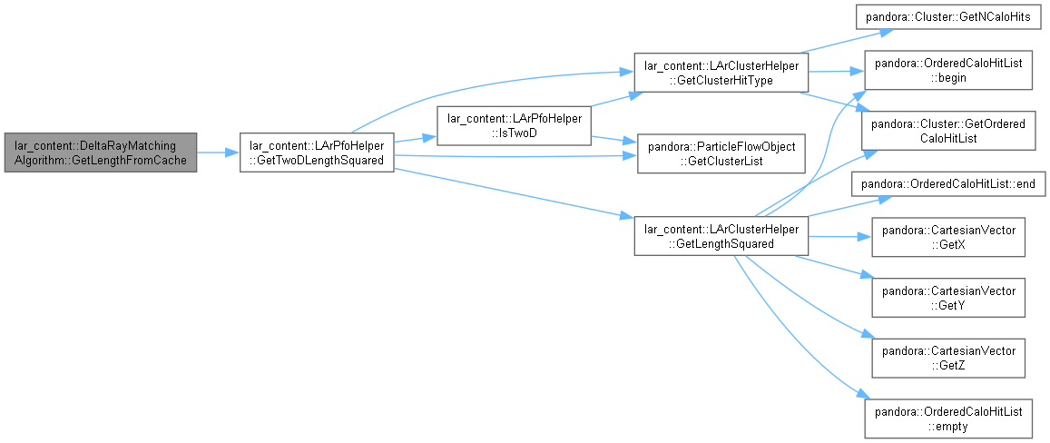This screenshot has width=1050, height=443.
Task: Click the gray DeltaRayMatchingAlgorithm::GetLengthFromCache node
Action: [x=101, y=153]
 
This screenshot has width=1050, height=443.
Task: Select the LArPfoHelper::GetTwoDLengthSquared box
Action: [x=317, y=153]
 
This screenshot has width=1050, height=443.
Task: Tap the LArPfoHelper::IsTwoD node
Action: [x=514, y=125]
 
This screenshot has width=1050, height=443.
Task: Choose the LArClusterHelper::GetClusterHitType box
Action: [x=721, y=72]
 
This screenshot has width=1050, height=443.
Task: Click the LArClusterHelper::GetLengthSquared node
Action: [x=721, y=235]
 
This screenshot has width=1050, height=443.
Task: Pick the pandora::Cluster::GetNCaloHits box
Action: [x=947, y=17]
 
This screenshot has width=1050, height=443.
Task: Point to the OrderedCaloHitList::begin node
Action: [x=947, y=71]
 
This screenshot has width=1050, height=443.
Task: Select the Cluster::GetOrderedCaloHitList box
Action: [x=947, y=130]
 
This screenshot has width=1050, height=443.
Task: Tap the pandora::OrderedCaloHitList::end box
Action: [x=947, y=184]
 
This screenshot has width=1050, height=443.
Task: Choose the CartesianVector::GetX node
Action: [x=947, y=237]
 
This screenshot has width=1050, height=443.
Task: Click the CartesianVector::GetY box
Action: [x=947, y=297]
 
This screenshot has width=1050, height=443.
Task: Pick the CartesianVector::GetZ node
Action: [x=947, y=358]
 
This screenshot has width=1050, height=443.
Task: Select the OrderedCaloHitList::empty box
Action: [x=947, y=418]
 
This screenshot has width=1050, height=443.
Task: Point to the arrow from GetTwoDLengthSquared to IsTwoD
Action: [x=415, y=139]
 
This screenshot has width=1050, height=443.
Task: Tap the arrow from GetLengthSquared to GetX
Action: [x=839, y=237]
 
